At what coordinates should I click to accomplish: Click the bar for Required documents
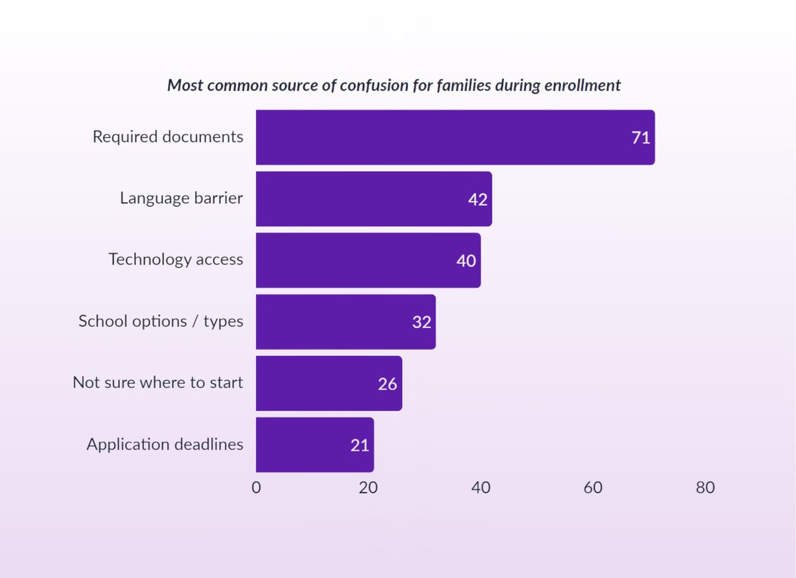(x=455, y=137)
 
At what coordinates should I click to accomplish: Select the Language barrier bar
(x=373, y=199)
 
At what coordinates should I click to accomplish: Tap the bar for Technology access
(x=368, y=260)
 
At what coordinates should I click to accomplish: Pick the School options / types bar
(x=346, y=322)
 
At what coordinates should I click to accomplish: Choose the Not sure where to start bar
(x=328, y=383)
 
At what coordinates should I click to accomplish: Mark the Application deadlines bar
(x=314, y=445)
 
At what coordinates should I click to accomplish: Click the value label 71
(x=640, y=138)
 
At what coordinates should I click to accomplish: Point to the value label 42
(x=478, y=200)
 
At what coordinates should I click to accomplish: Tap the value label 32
(x=421, y=322)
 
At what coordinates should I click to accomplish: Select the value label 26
(x=387, y=384)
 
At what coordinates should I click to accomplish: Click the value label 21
(x=360, y=445)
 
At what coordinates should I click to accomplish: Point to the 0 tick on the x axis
(x=256, y=488)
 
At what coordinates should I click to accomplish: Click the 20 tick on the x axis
(x=368, y=488)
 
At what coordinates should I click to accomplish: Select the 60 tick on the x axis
(x=593, y=488)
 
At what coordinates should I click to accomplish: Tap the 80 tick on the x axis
(x=705, y=488)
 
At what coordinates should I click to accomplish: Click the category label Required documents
(x=168, y=137)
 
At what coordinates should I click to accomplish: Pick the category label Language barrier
(x=181, y=198)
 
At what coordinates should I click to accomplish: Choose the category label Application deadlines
(x=165, y=445)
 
